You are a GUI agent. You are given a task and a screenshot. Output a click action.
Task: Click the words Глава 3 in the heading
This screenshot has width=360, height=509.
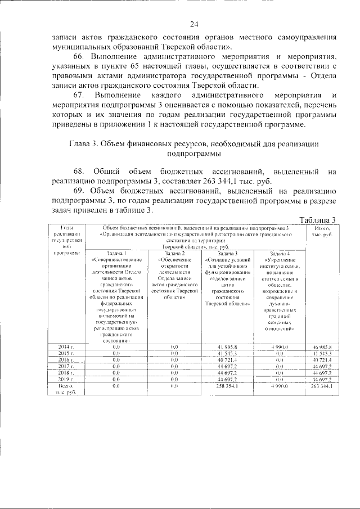[87, 143]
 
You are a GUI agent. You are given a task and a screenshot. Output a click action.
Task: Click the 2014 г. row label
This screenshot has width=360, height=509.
[66, 346]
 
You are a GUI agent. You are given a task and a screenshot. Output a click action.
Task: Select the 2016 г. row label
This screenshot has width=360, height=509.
[66, 359]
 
